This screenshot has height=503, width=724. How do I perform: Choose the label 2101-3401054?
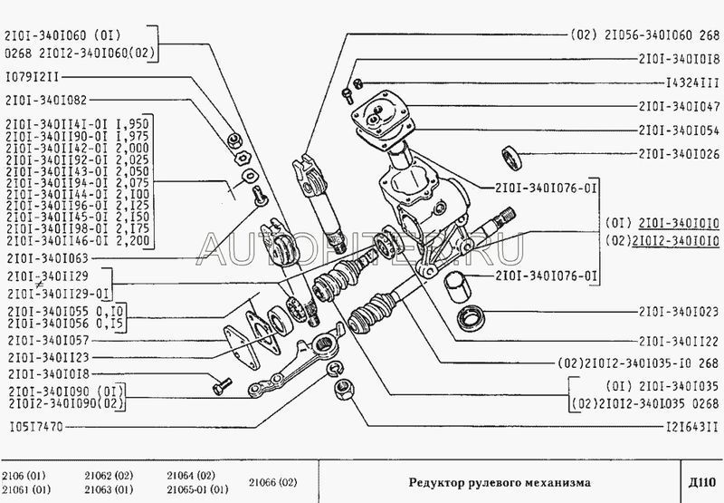coord(678,130)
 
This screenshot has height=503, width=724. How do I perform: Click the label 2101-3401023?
coord(678,318)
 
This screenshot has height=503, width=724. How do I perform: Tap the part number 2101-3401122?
coord(678,342)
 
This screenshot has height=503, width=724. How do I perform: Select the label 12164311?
coord(687,425)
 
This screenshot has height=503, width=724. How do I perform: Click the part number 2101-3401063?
coord(44,257)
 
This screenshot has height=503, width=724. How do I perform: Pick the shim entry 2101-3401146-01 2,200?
coord(78,243)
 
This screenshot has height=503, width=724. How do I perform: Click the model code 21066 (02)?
coord(266,480)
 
